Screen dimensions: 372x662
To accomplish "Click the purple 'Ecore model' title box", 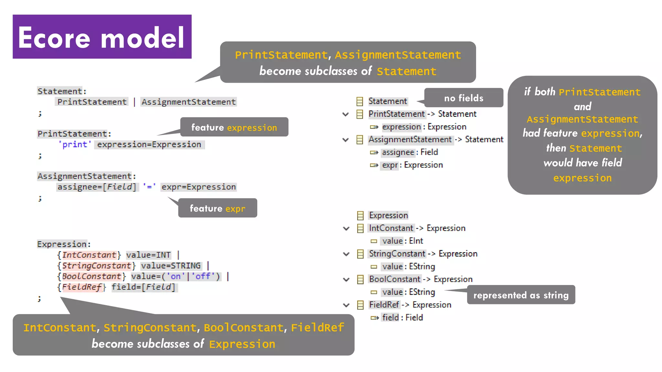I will (x=102, y=36).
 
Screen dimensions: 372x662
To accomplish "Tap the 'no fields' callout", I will (x=464, y=98).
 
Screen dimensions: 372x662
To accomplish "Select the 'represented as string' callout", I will (x=521, y=295).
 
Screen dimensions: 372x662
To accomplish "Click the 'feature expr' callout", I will (x=218, y=208).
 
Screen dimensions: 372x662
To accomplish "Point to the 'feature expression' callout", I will (x=234, y=127).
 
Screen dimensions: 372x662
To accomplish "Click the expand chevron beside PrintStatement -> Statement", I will (x=346, y=114).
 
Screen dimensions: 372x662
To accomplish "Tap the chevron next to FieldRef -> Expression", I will (x=346, y=305).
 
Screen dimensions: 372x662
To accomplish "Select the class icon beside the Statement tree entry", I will (x=359, y=102).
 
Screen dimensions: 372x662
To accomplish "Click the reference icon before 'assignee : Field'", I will (x=374, y=152).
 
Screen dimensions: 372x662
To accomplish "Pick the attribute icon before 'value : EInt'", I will (x=374, y=241).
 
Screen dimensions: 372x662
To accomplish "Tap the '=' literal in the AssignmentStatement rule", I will (x=149, y=187).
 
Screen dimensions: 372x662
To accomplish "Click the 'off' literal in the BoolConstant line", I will (x=203, y=276).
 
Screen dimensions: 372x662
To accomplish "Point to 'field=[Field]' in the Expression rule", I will (x=144, y=287).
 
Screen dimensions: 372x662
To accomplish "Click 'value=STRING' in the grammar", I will (x=171, y=266).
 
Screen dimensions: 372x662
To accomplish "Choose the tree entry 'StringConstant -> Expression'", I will (x=423, y=254).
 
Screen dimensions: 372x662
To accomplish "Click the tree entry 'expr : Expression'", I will (x=412, y=165).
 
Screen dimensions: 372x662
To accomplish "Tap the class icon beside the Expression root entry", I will (x=360, y=216).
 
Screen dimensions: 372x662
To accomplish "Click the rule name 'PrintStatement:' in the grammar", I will (x=74, y=134).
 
